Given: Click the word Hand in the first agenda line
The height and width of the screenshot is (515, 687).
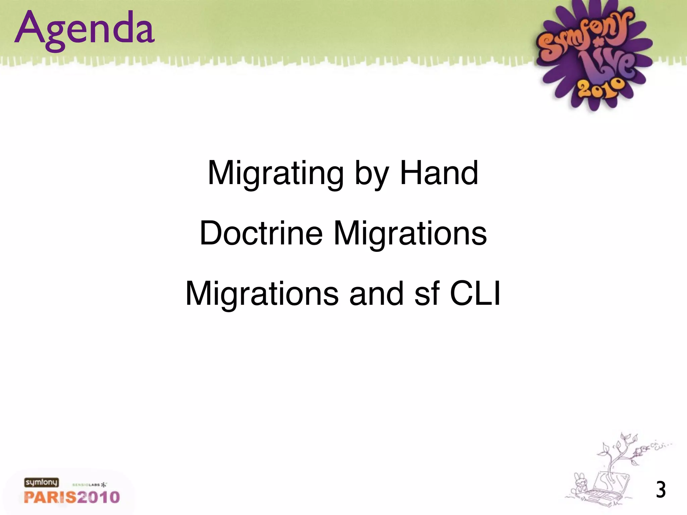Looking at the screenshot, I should [x=439, y=173].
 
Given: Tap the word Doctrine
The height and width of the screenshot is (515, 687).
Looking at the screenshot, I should [x=261, y=233].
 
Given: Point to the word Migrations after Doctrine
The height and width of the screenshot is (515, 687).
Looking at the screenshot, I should [x=410, y=234].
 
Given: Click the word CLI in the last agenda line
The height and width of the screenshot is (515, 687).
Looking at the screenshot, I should [x=475, y=294].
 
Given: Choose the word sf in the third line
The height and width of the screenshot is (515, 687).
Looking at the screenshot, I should [x=427, y=294].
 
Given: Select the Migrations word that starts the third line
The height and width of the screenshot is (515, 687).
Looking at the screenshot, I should [x=262, y=294].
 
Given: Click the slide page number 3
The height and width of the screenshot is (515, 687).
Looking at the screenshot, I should [x=660, y=490].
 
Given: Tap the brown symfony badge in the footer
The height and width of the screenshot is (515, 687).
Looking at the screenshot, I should [x=41, y=482].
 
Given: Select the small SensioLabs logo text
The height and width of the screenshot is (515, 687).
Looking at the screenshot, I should [x=89, y=484].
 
